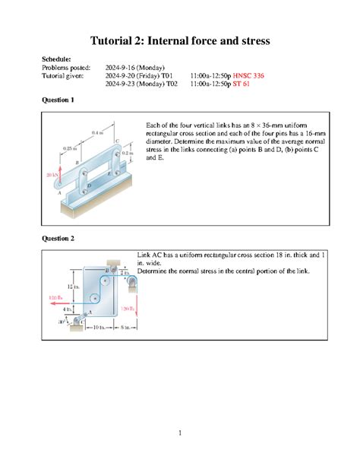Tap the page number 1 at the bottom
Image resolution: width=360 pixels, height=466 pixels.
click(x=181, y=434)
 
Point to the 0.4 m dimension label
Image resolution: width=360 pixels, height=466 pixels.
click(x=96, y=133)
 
